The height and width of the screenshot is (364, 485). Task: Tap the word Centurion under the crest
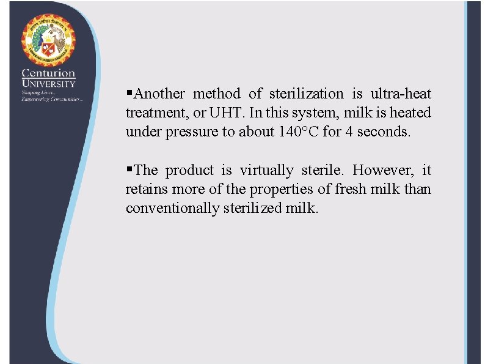pyautogui.click(x=48, y=74)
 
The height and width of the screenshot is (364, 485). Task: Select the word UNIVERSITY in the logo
pyautogui.click(x=48, y=84)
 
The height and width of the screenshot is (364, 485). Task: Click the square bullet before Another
pyautogui.click(x=128, y=93)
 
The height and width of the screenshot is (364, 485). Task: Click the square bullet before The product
pyautogui.click(x=128, y=169)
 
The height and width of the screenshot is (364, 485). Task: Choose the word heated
pyautogui.click(x=410, y=113)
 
